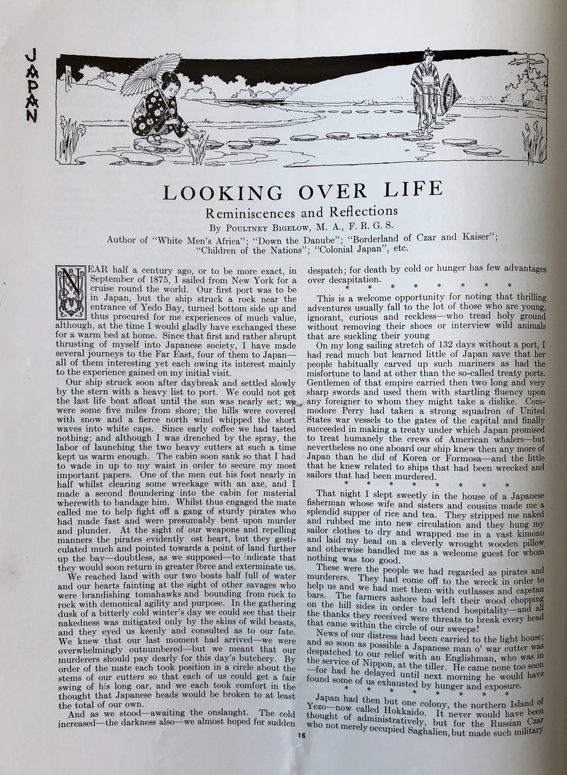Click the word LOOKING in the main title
[222, 193]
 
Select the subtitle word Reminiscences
[249, 214]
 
